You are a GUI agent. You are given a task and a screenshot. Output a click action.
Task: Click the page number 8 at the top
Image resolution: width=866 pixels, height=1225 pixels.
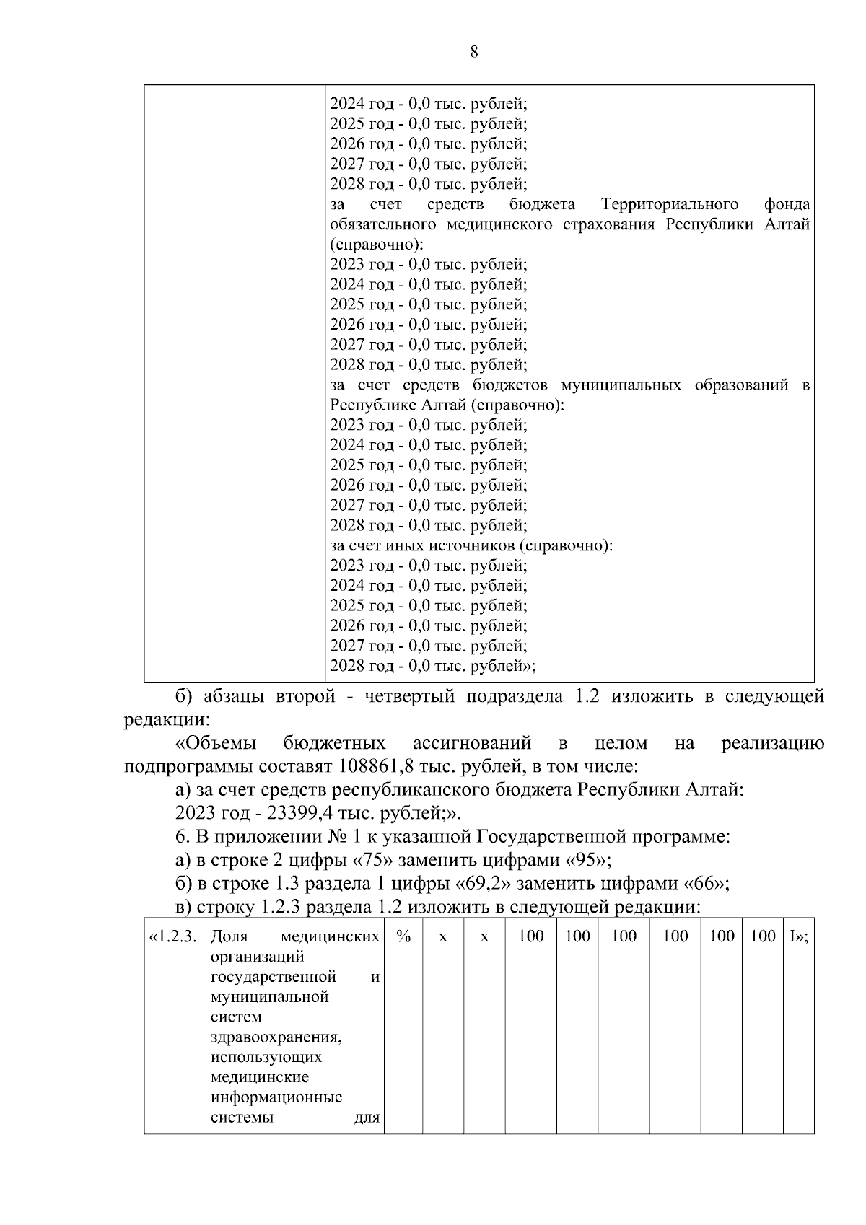click(473, 52)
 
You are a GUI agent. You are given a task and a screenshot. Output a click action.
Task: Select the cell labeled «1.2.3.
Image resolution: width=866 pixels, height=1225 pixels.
click(172, 937)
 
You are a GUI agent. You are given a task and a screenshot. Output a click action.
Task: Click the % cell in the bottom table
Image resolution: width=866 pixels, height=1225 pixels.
click(403, 937)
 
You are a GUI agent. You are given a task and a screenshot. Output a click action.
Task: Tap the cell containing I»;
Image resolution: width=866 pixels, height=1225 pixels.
click(798, 937)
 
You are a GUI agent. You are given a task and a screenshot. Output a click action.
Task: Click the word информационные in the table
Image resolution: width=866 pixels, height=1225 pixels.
click(276, 1098)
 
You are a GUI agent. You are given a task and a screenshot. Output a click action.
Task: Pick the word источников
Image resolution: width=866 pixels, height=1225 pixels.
click(466, 546)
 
